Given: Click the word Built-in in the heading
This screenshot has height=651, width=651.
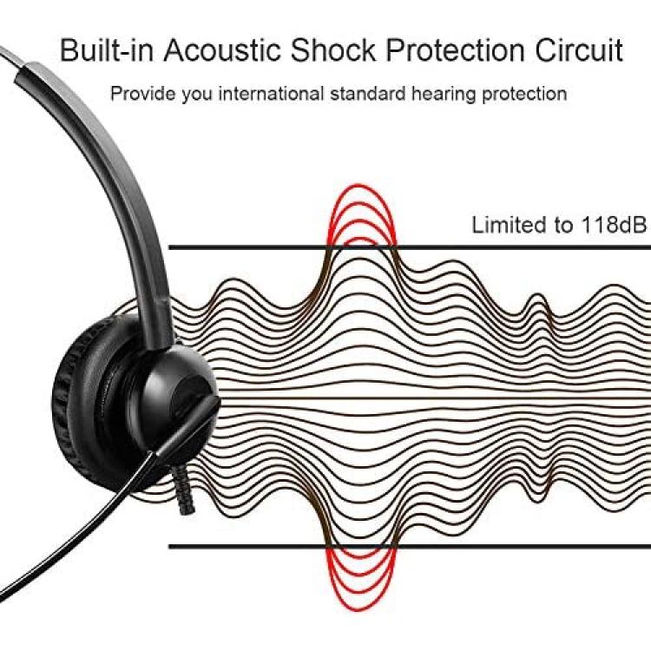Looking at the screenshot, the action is (x=107, y=50).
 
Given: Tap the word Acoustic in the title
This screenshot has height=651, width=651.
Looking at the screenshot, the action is (x=222, y=50).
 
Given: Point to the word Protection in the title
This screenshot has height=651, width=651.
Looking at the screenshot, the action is (x=455, y=50).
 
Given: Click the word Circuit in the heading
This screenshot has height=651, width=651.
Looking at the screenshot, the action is (x=579, y=50).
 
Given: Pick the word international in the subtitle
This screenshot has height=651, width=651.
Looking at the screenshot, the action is (x=271, y=94).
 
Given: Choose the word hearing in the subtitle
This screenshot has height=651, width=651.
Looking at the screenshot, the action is (x=444, y=95).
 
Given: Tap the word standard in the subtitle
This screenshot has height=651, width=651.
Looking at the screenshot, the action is (x=367, y=94).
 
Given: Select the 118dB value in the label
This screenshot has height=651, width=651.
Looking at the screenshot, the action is (x=614, y=225).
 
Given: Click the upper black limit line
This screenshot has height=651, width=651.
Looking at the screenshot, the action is (x=410, y=248).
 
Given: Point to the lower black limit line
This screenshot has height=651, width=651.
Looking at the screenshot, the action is (x=410, y=546).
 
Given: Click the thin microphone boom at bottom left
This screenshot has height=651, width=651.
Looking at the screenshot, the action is (x=75, y=531).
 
